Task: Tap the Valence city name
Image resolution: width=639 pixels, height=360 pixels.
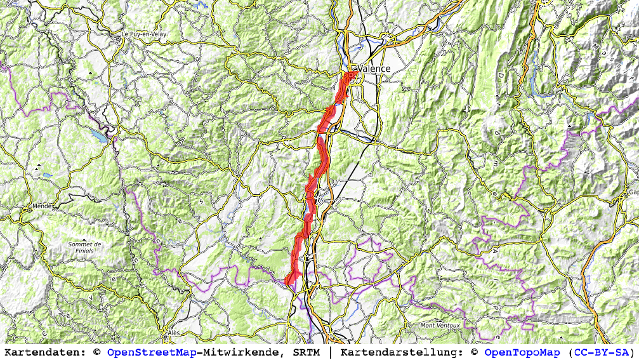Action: pos(374,69)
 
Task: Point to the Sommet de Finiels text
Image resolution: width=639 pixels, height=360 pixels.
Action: pos(85,248)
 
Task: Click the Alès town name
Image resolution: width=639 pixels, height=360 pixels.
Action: pos(173,332)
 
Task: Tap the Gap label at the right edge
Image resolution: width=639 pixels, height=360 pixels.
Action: pos(633,192)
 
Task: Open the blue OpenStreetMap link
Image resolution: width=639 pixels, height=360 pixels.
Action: pos(151,352)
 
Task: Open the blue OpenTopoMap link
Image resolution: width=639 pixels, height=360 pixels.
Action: pos(522,352)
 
